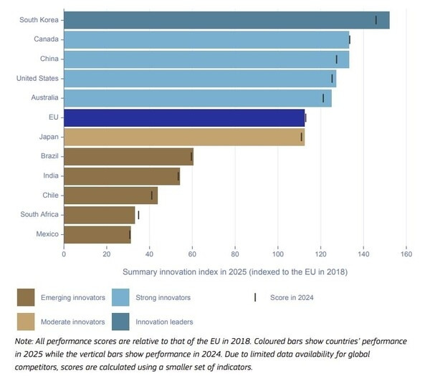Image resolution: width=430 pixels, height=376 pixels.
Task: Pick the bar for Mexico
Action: tap(97, 234)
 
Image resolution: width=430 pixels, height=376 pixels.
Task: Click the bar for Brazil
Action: tap(128, 156)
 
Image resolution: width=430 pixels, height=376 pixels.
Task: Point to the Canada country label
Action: tap(46, 39)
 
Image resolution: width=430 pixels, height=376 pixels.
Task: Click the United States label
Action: tap(37, 78)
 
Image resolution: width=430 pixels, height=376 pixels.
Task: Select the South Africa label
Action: tap(39, 214)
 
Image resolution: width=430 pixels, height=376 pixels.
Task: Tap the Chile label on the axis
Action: tap(49, 195)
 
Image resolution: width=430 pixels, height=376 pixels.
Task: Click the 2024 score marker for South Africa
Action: tap(138, 214)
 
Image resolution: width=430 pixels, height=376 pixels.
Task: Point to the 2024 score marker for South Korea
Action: tap(376, 20)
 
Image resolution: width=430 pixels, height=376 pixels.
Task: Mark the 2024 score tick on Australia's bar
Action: tap(323, 98)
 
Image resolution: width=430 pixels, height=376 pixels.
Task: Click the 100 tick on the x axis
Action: tap(278, 254)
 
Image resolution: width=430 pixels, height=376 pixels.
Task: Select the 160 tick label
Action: tap(406, 254)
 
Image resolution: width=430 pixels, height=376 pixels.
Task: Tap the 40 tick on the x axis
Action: tap(149, 254)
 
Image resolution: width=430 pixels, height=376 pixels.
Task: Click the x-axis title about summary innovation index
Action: tap(235, 272)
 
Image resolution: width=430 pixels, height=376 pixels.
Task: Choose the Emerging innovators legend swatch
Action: tap(27, 297)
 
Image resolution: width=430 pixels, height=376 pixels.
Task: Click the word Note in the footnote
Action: tap(25, 342)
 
